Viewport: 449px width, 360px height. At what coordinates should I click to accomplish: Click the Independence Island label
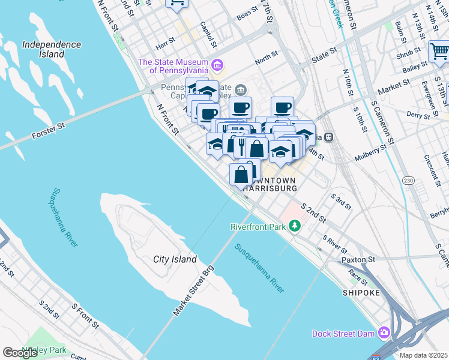(51, 49)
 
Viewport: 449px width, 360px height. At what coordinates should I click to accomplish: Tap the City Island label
(175, 259)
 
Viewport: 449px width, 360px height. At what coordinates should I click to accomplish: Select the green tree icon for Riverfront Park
(294, 226)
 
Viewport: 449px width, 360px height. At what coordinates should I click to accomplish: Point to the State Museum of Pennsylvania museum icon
(218, 65)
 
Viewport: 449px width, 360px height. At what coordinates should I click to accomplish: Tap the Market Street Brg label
(193, 292)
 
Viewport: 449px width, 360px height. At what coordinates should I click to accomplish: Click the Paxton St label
(358, 260)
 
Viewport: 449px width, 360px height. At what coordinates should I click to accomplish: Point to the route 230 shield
(409, 181)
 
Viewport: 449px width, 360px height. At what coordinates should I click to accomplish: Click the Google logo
(20, 352)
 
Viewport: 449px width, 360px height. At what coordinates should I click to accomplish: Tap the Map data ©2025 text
(423, 355)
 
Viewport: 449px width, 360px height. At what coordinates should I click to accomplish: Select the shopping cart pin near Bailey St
(439, 52)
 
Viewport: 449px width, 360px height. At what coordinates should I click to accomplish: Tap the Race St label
(358, 276)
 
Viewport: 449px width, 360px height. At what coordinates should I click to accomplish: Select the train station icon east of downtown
(330, 136)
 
